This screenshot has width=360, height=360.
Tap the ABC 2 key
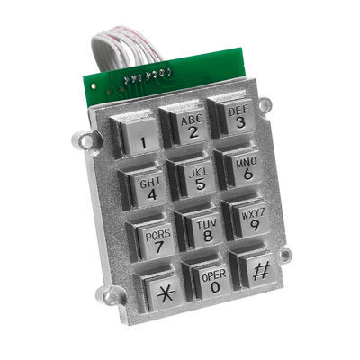point(191,128)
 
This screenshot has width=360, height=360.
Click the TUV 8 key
point(206,230)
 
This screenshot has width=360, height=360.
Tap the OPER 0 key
point(213,281)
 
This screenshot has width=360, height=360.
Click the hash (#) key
point(259,270)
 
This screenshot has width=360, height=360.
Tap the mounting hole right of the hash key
point(286,256)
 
